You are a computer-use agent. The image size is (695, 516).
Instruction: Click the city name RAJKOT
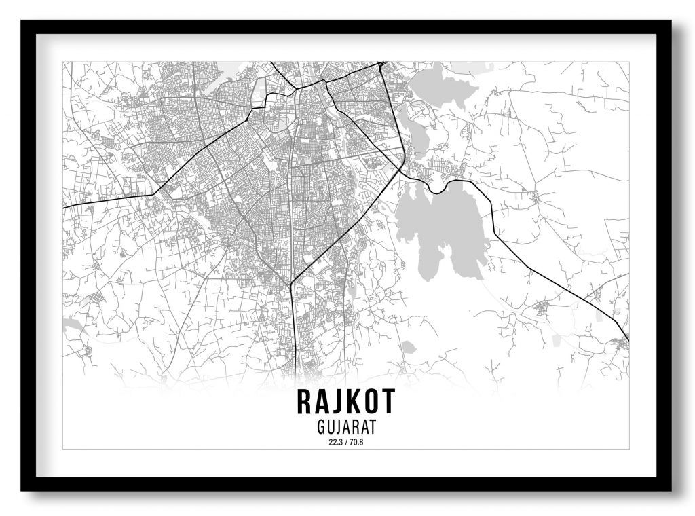click(x=345, y=402)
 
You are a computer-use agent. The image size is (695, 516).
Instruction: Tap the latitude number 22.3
click(x=333, y=443)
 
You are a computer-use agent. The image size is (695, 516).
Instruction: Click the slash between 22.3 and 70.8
click(x=344, y=443)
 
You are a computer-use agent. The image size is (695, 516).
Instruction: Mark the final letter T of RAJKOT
click(x=388, y=402)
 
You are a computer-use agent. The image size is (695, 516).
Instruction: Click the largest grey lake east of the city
click(x=441, y=224)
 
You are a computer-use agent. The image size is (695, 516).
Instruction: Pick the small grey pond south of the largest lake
click(x=408, y=347)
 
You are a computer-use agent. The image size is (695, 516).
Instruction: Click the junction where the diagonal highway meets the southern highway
click(x=291, y=283)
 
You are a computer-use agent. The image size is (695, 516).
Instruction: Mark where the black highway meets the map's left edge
click(x=64, y=207)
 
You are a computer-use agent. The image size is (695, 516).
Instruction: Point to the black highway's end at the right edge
click(x=628, y=339)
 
